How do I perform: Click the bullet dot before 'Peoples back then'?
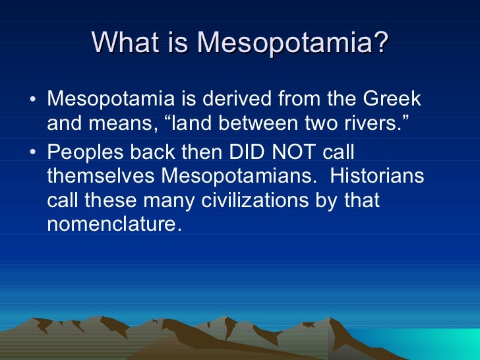point(33,153)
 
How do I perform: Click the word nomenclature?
point(113,224)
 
